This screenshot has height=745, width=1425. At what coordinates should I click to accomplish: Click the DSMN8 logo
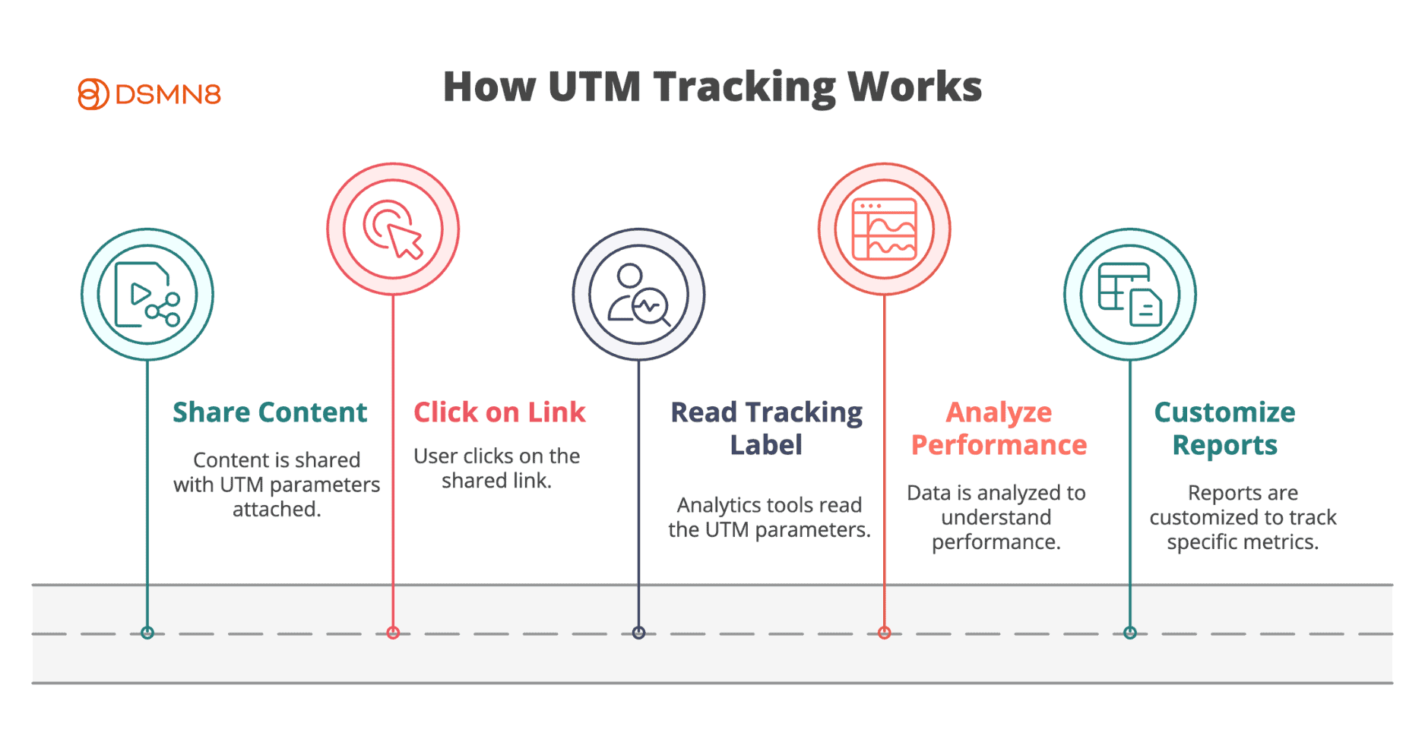(x=149, y=94)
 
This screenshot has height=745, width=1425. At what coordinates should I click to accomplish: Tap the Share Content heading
(x=270, y=412)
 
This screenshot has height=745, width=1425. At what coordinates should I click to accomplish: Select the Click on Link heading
(x=499, y=412)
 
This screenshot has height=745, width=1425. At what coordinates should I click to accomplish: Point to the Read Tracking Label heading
(x=766, y=428)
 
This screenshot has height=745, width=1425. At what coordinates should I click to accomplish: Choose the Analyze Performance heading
(x=999, y=428)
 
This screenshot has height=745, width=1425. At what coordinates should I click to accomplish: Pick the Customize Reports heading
(x=1224, y=428)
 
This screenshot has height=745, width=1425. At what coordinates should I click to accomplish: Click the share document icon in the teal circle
(x=147, y=295)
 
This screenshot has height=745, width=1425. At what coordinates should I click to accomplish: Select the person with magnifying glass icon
(x=638, y=295)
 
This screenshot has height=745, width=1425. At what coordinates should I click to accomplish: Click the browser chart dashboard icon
(x=884, y=229)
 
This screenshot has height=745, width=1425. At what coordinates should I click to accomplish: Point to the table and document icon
(x=1130, y=295)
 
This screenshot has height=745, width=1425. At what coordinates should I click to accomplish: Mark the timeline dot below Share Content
(x=147, y=633)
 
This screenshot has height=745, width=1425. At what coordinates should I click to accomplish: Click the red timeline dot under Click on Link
(x=393, y=633)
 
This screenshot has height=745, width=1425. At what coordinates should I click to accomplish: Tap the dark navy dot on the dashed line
(x=638, y=633)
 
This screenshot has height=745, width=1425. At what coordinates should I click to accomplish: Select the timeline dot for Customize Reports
(x=1130, y=633)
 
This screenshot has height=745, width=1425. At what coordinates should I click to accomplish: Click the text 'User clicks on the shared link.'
(x=497, y=468)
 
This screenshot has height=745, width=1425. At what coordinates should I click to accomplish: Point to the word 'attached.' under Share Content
(x=277, y=509)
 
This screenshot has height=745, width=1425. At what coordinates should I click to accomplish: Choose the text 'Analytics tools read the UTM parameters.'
(x=769, y=517)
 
